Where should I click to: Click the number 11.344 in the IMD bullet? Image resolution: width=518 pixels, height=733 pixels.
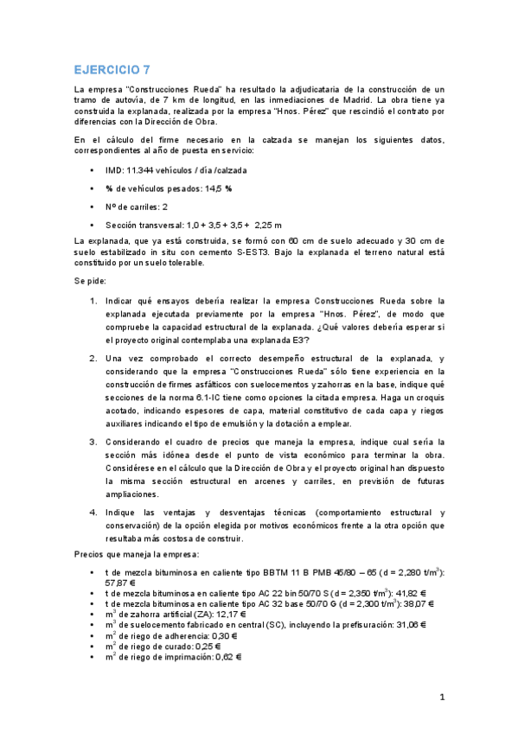coord(141,170)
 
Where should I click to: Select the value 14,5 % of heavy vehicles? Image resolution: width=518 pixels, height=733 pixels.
coord(217,188)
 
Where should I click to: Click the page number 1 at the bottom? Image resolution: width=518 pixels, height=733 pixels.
coord(442,698)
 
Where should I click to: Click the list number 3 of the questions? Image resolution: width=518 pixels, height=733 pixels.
coord(93,443)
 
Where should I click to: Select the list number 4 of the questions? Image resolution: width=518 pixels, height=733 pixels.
coord(93,513)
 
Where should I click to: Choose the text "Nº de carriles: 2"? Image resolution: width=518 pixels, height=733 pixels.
coord(137,207)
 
